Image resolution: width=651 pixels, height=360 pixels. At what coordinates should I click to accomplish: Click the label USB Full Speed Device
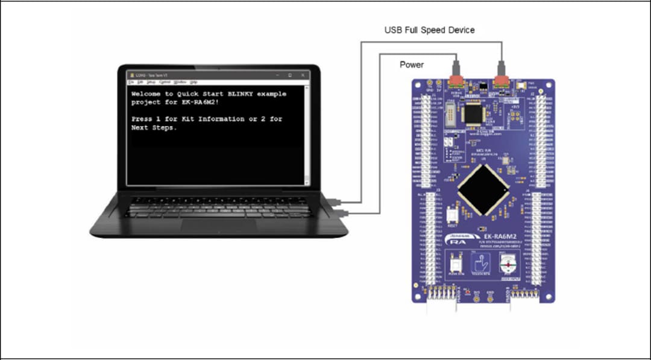430,30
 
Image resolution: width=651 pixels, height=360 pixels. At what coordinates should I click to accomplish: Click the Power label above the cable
412,65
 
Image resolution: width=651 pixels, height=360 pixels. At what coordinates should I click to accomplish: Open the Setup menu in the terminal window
151,81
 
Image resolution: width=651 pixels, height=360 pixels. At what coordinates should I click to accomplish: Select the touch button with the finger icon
480,264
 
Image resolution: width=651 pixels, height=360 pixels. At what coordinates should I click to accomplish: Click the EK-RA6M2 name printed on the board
489,229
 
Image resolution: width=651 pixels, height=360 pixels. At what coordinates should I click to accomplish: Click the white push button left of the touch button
456,263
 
